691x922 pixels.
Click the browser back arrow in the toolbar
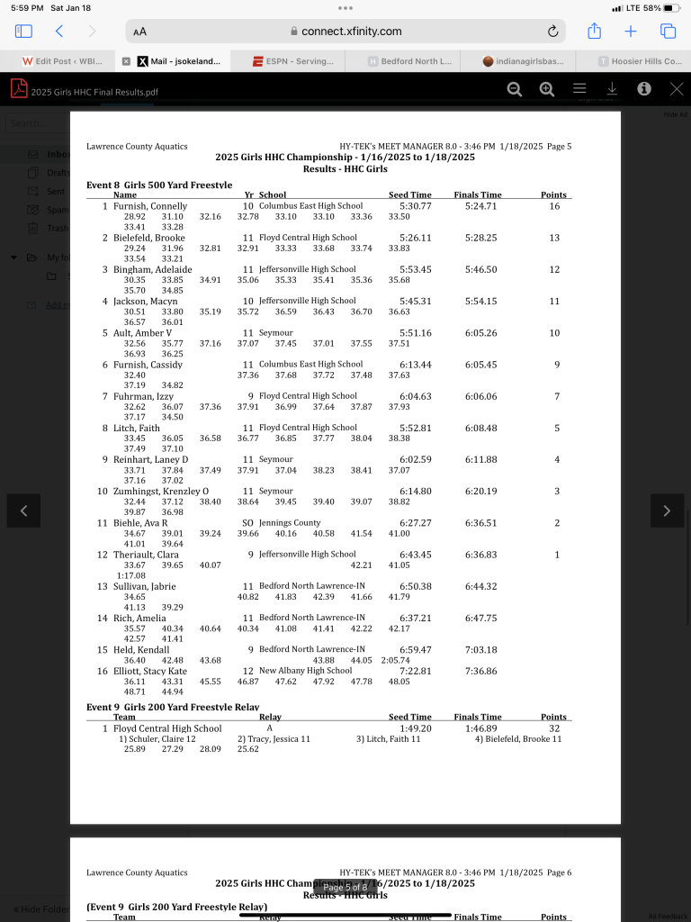click(x=59, y=31)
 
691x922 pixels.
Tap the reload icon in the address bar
click(x=552, y=31)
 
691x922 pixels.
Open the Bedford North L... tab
click(x=409, y=61)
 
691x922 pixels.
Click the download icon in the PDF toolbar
click(x=612, y=89)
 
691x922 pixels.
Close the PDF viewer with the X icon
click(x=677, y=89)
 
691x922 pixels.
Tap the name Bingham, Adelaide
click(x=153, y=269)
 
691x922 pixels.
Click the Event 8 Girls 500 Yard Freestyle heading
click(x=153, y=185)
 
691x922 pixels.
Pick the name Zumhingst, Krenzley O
click(x=161, y=491)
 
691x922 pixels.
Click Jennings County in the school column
click(x=290, y=522)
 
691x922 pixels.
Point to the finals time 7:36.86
click(x=481, y=670)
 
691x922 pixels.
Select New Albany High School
click(x=305, y=670)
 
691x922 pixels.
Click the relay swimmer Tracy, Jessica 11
click(x=274, y=738)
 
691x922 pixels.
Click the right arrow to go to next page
click(x=667, y=511)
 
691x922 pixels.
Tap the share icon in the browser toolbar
click(x=595, y=31)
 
